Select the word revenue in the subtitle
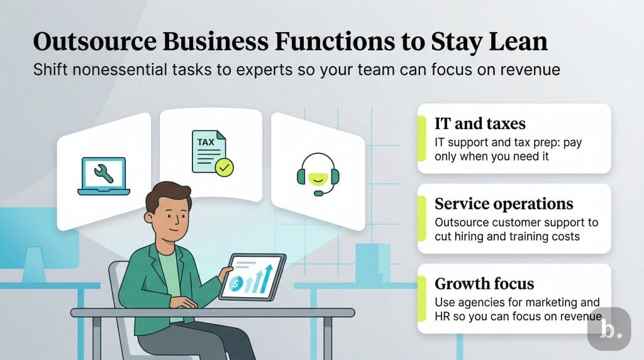(529, 70)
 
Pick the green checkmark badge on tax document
(223, 167)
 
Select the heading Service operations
(504, 204)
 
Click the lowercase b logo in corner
(608, 329)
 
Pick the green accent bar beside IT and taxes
(420, 138)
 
